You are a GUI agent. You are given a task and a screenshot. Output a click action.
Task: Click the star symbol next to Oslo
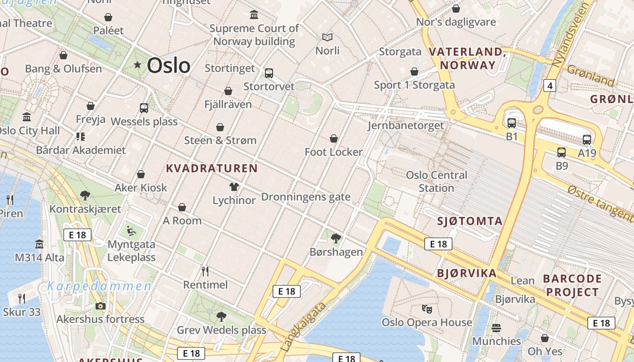(138, 65)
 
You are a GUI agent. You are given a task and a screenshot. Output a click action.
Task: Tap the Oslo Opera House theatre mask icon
(426, 309)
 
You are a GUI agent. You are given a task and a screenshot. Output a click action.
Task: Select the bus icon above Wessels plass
(144, 108)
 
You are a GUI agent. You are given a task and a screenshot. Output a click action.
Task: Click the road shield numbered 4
(550, 86)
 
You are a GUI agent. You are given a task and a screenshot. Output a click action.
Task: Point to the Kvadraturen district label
(211, 169)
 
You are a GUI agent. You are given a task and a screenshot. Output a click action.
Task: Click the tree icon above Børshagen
(336, 238)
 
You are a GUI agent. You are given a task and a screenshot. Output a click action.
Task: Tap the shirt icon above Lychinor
(234, 186)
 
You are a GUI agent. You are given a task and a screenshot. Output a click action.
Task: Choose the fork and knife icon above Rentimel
(205, 271)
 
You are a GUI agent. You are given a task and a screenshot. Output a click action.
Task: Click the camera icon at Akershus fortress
(101, 306)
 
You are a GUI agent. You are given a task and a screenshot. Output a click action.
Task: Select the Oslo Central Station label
(437, 181)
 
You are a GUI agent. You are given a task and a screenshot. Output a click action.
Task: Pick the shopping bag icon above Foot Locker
(334, 138)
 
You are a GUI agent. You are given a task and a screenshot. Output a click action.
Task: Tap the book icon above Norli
(327, 37)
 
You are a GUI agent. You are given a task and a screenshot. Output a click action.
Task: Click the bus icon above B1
(512, 123)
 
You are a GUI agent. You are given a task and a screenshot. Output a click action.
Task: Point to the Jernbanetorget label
(406, 125)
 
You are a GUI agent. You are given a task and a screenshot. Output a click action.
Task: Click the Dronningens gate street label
(306, 197)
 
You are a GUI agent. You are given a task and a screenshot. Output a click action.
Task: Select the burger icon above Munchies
(496, 328)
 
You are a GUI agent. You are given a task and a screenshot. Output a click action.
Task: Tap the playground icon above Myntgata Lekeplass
(131, 231)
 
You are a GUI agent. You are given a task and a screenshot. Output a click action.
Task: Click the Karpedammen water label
(100, 286)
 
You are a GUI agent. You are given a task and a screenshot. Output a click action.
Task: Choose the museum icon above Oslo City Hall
(27, 117)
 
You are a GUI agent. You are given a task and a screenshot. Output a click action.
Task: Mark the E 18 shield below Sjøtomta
(438, 244)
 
